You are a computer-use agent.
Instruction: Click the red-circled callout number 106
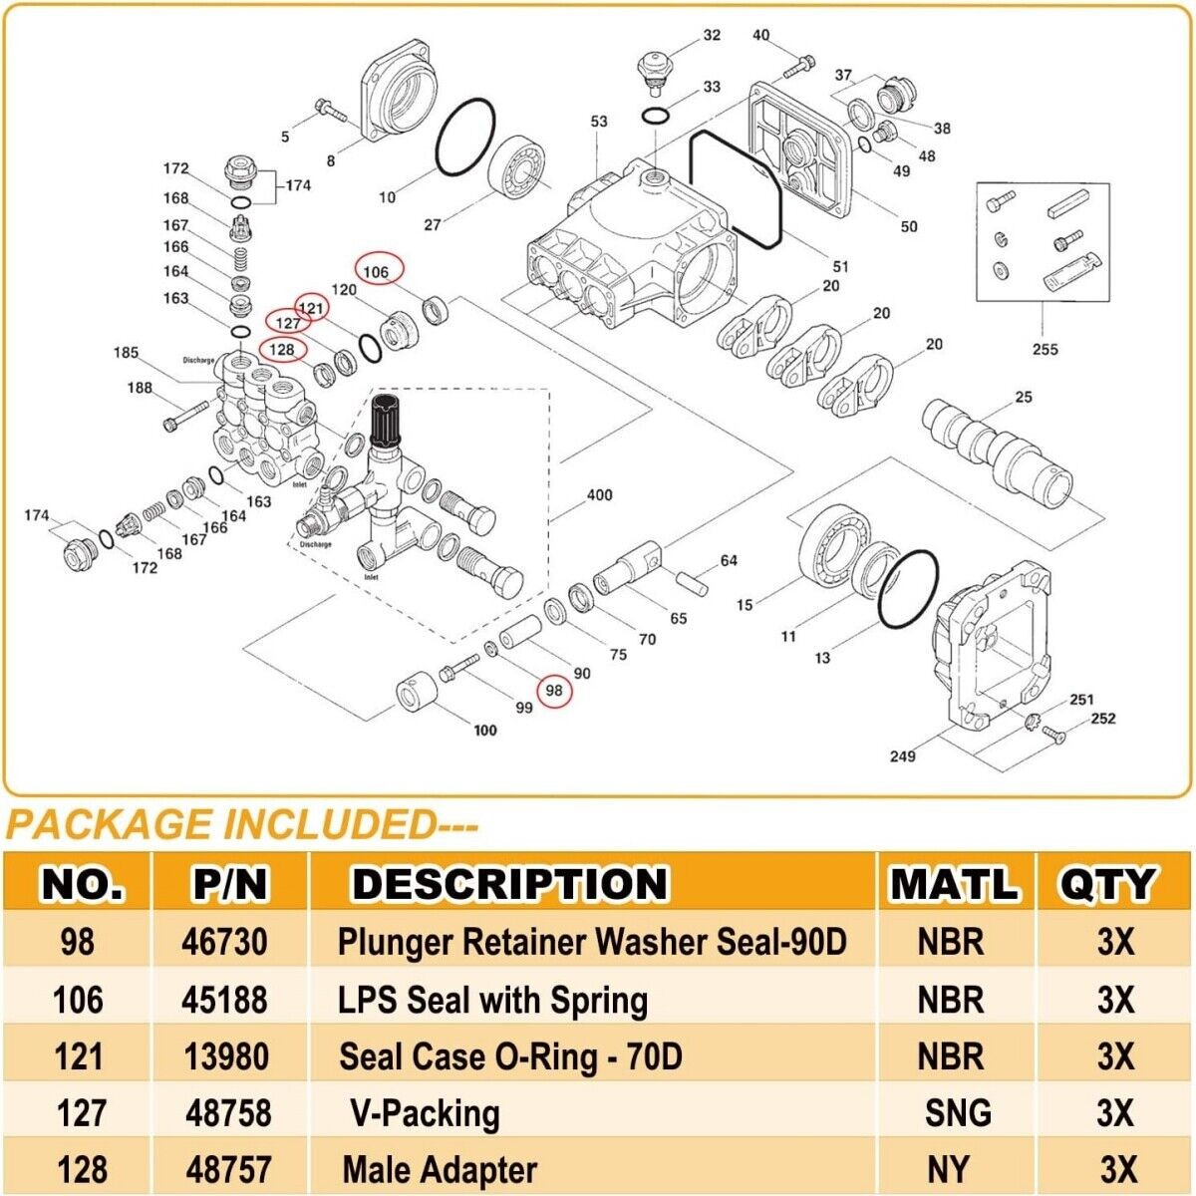(x=376, y=271)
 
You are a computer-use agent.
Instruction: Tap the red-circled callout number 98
(x=554, y=691)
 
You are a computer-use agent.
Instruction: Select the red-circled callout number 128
(x=282, y=349)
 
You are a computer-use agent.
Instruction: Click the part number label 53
(x=598, y=122)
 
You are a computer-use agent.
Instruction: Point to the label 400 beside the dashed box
(x=599, y=495)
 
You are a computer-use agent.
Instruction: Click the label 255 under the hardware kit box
(x=1045, y=349)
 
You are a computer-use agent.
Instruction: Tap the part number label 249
(x=902, y=756)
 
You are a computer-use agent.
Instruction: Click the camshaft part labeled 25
(x=997, y=448)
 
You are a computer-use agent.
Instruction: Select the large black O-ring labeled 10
(x=465, y=136)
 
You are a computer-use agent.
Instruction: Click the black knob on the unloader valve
(x=387, y=421)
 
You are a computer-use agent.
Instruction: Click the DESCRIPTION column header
(x=509, y=884)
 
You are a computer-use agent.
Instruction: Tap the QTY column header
(x=1106, y=884)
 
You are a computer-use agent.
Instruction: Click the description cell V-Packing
(x=425, y=1113)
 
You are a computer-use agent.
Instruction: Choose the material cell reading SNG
(x=958, y=1113)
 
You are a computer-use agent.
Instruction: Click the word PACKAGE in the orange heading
(x=109, y=825)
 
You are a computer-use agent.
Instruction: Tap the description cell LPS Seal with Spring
(x=493, y=1000)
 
